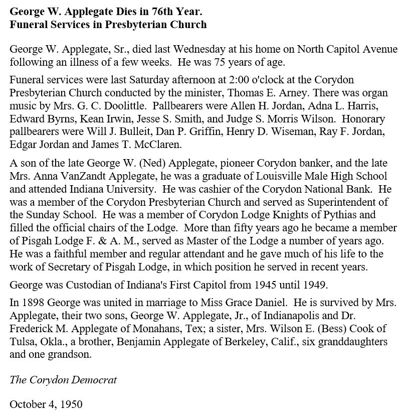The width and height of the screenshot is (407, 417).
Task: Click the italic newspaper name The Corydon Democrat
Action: coord(63,379)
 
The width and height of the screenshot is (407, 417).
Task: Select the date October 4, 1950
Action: coord(46,404)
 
